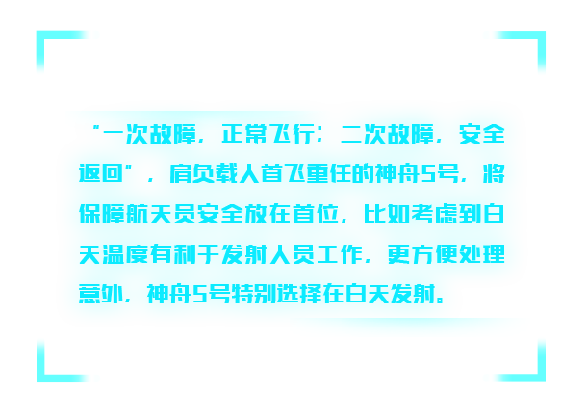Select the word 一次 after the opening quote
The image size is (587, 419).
pos(126,134)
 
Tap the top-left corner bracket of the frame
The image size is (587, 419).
pos(40,35)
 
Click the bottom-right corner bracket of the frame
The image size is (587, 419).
pos(542,379)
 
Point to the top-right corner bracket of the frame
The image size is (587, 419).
pos(542,35)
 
